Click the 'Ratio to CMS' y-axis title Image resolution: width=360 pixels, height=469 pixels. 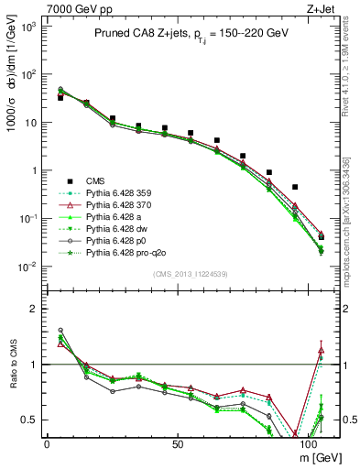(12, 366)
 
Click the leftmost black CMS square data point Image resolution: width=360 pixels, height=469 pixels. (60, 96)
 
